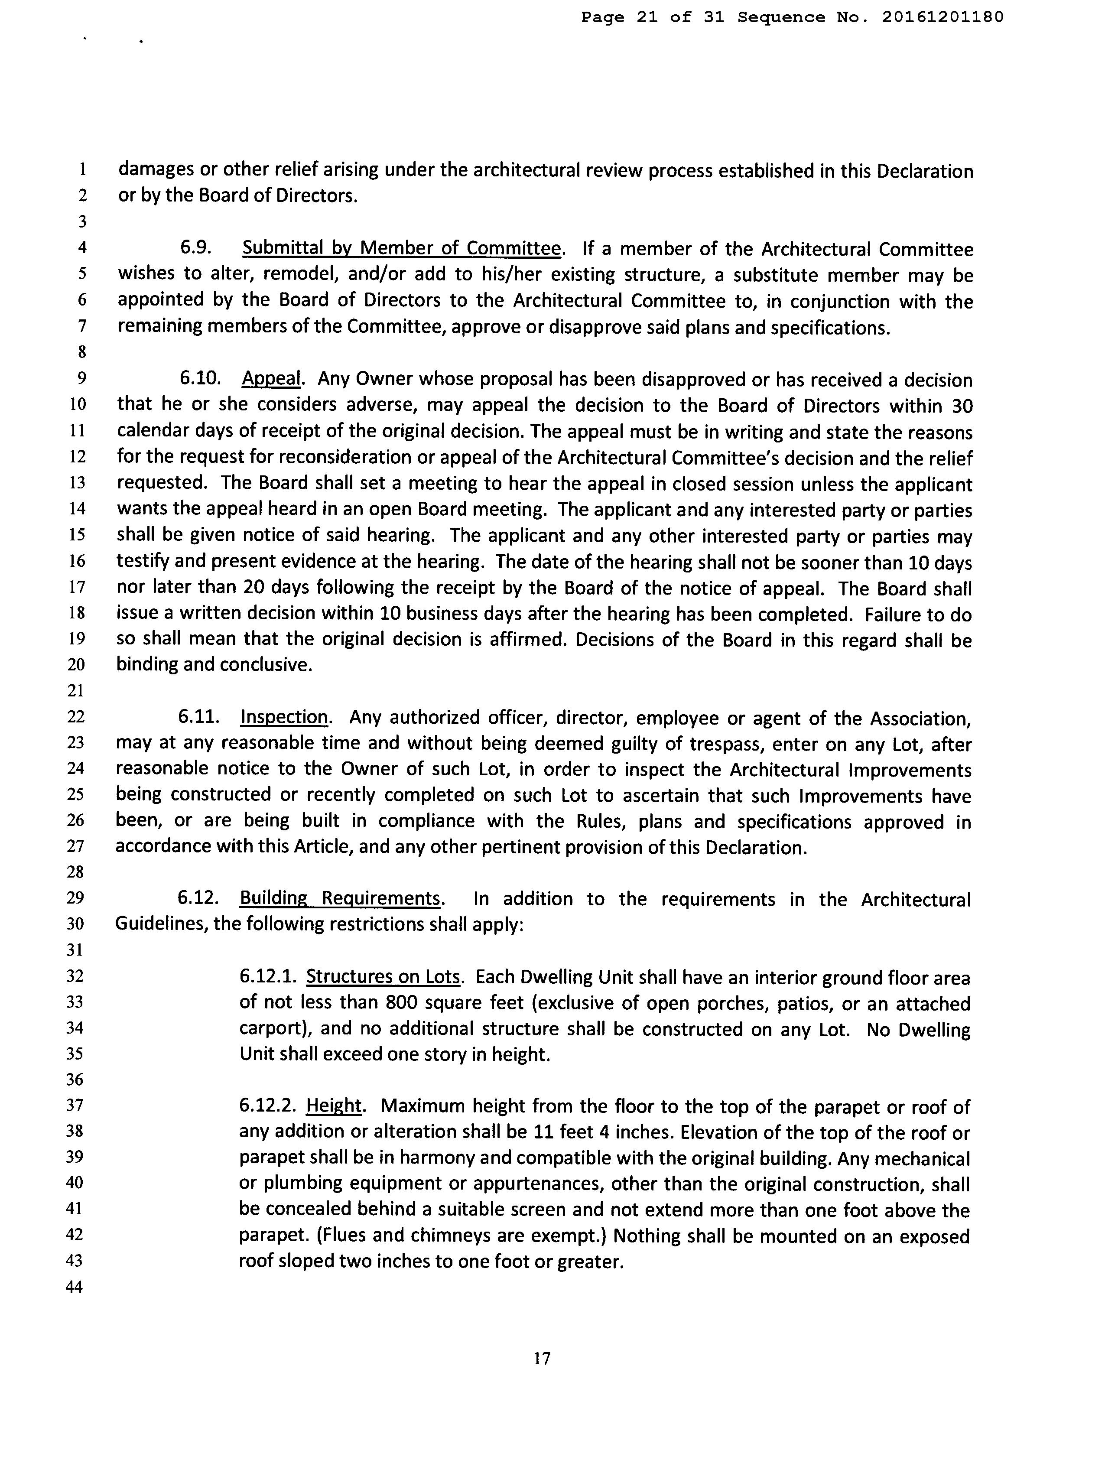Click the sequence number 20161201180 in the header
[x=942, y=18]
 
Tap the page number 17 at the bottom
[x=542, y=1358]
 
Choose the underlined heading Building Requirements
[x=340, y=899]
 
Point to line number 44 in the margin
[x=75, y=1287]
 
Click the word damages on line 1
[x=156, y=170]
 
